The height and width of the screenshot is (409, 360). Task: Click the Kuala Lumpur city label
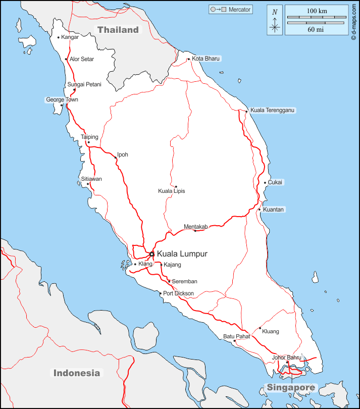pyautogui.click(x=182, y=254)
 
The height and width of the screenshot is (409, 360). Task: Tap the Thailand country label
pyautogui.click(x=118, y=30)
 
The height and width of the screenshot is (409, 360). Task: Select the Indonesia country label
pyautogui.click(x=77, y=373)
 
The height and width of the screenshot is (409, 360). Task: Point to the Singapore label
pyautogui.click(x=291, y=388)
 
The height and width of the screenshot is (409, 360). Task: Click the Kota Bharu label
pyautogui.click(x=206, y=59)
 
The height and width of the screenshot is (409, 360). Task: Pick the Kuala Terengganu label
pyautogui.click(x=273, y=110)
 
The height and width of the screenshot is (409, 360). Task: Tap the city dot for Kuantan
pyautogui.click(x=260, y=210)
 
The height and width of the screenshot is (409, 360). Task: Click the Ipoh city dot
pyautogui.click(x=115, y=158)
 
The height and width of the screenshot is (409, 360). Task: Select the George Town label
pyautogui.click(x=62, y=100)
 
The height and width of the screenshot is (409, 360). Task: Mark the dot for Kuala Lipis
pyautogui.click(x=176, y=186)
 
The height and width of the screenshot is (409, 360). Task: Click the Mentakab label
pyautogui.click(x=196, y=227)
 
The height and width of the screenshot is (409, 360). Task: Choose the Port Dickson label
pyautogui.click(x=178, y=293)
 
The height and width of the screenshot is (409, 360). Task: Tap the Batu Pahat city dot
pyautogui.click(x=234, y=341)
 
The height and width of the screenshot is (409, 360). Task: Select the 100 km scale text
pyautogui.click(x=317, y=11)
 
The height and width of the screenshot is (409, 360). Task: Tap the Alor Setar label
pyautogui.click(x=82, y=59)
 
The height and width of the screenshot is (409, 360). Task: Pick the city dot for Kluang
pyautogui.click(x=260, y=328)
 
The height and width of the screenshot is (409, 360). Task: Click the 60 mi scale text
pyautogui.click(x=317, y=30)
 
